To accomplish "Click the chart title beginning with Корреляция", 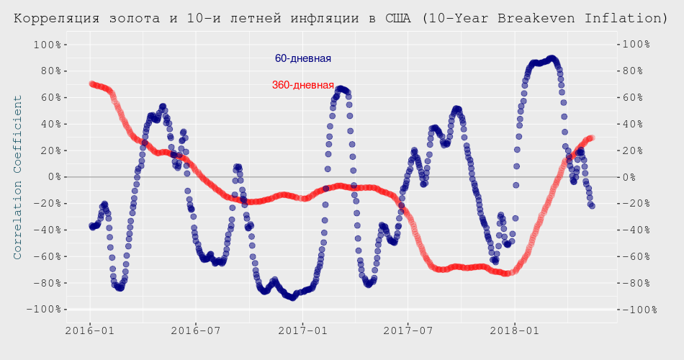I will coord(341,17).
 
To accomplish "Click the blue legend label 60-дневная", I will coord(303,58).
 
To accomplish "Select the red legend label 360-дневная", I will coord(303,85).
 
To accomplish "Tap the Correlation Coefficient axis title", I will coord(18,176).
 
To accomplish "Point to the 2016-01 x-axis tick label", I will coord(90,331).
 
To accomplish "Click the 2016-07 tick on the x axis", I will coord(196,331).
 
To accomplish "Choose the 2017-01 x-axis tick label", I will coord(303,331).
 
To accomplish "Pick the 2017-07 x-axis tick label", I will coord(408,331).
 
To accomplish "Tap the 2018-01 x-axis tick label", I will coord(515,331).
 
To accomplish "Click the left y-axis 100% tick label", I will coord(45,45).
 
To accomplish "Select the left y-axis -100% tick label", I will coord(42,309).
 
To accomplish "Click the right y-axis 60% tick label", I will coord(638,98).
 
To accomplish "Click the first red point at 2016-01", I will coord(91,84).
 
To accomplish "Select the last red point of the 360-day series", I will coord(591,138).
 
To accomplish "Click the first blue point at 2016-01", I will coord(91,226).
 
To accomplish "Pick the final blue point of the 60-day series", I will coord(592,206).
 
